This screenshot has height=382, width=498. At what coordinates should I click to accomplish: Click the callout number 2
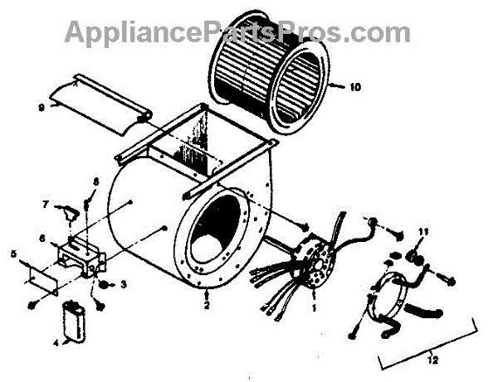[x=206, y=305]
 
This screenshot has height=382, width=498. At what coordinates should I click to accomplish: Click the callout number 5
[x=13, y=254]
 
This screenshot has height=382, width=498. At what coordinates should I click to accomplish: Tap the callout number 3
[x=124, y=284]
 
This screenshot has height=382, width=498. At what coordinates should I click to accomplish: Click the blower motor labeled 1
[x=316, y=265]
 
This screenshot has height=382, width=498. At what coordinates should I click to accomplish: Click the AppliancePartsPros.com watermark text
[x=237, y=31]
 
